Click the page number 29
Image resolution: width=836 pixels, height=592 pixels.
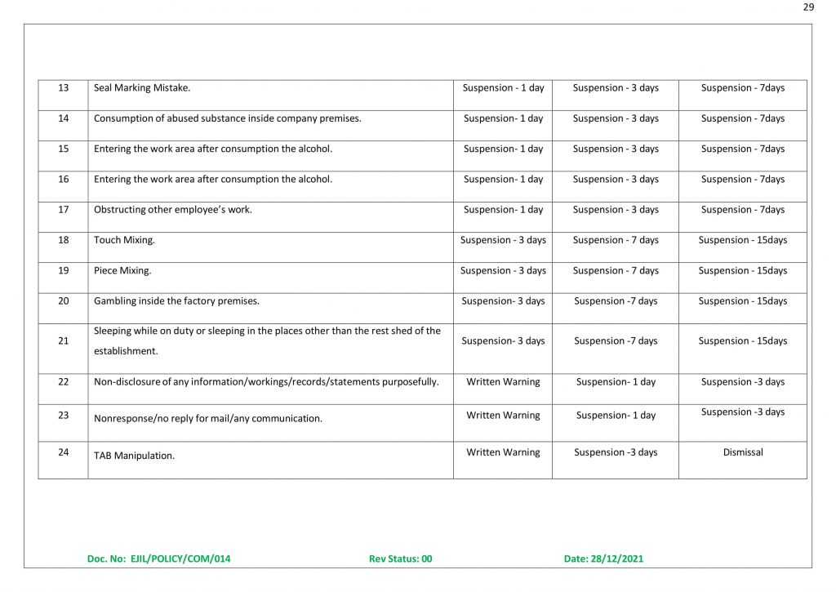pos(808,7)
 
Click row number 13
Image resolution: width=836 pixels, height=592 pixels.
pos(63,87)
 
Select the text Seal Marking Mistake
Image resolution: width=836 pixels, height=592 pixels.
pos(142,87)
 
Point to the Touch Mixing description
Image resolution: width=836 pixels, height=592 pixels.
pos(124,240)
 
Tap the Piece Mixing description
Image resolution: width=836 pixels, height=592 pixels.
pos(122,270)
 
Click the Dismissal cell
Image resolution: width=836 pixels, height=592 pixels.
pos(743,452)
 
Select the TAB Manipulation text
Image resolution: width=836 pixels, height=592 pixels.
pos(134,456)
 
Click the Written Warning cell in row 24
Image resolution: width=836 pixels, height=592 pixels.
pos(503,452)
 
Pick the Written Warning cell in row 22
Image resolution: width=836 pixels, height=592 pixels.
pos(503,381)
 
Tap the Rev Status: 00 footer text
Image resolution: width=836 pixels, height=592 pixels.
pos(400,559)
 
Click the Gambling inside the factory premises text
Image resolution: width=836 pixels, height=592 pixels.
pos(176,301)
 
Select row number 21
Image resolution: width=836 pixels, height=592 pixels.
pos(63,341)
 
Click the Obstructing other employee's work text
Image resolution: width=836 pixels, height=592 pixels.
pos(173,210)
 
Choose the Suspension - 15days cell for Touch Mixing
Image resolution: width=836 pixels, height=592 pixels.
pos(743,240)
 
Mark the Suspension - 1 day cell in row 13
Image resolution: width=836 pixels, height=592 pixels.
pos(503,87)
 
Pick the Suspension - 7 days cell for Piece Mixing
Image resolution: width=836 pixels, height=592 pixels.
pos(616,270)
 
